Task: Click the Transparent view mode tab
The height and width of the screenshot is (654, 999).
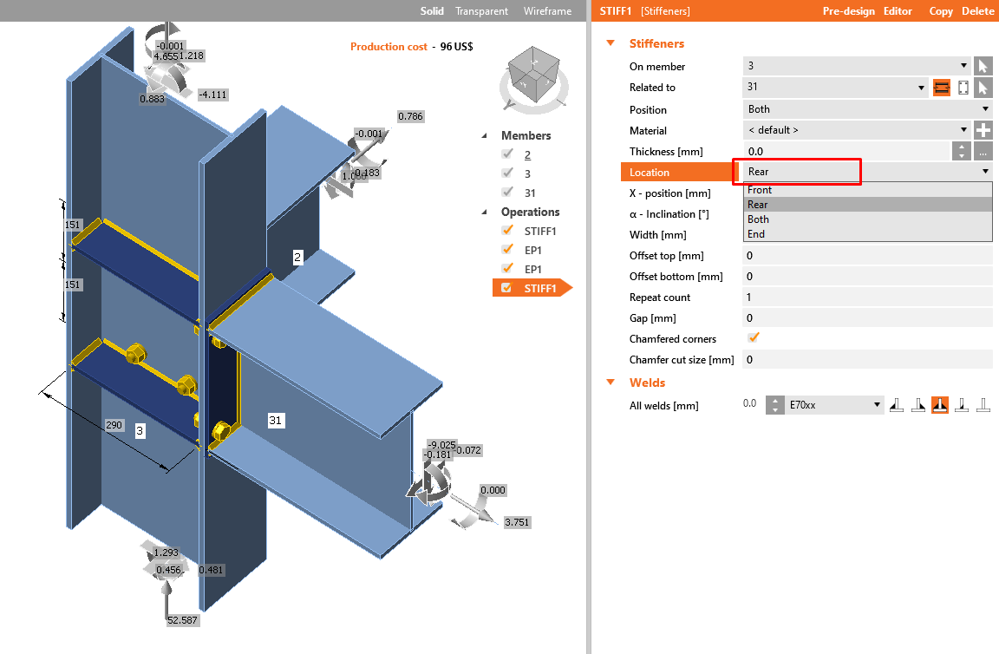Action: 481,11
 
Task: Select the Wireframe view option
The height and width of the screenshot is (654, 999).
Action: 547,11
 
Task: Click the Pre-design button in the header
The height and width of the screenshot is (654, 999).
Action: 849,11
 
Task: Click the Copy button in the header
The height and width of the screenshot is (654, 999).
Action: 941,11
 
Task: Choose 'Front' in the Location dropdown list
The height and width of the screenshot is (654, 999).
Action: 760,190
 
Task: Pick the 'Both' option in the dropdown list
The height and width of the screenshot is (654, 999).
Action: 759,219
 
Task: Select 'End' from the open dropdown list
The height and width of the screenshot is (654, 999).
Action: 756,234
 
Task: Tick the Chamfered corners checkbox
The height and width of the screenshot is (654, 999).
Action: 754,338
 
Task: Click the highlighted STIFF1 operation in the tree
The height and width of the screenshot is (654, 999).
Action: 540,288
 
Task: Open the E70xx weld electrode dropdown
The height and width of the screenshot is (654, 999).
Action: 835,405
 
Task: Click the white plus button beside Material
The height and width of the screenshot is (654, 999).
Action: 983,130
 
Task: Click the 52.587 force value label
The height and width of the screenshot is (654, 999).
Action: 182,620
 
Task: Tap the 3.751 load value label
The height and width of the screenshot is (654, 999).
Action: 517,522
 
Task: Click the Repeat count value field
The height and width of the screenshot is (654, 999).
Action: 867,298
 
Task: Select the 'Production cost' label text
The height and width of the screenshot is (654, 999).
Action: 388,47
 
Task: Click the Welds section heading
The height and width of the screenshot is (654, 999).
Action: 647,383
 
